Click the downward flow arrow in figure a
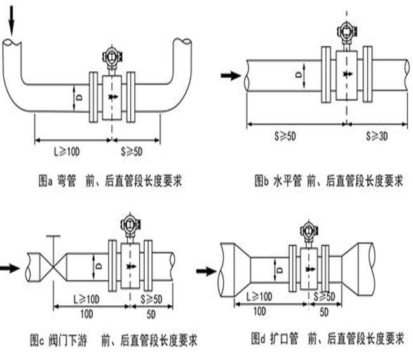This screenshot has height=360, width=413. [11, 20]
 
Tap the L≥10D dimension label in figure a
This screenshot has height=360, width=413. [67, 152]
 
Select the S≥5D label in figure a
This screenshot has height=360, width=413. [132, 152]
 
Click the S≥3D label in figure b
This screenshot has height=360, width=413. [377, 136]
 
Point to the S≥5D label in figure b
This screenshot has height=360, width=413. [285, 136]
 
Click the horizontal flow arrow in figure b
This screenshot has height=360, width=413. [231, 76]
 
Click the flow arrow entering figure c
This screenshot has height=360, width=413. [10, 269]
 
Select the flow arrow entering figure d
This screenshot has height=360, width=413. [207, 271]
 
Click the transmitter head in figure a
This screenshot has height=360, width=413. [112, 57]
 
